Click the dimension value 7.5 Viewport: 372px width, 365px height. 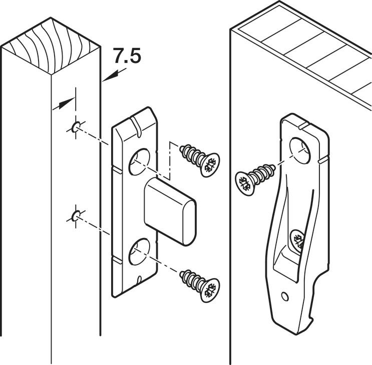[x=126, y=56]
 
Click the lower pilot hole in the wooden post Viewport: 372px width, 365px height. [x=76, y=216]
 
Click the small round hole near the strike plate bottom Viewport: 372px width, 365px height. [x=285, y=297]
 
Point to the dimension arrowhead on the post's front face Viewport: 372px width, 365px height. [x=63, y=104]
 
